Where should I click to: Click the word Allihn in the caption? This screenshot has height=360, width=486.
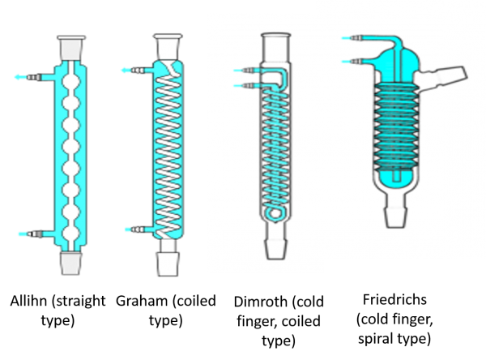pos(28,301)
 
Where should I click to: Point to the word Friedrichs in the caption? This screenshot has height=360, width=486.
pos(394,299)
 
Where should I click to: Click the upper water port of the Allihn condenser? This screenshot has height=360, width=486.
pos(34,77)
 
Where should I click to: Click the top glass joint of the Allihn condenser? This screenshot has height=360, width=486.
pos(71,48)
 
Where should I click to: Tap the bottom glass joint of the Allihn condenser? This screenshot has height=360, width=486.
pos(71,264)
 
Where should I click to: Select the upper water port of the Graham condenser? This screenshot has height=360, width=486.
pos(137,71)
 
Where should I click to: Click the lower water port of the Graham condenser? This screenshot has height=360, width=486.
pos(139,229)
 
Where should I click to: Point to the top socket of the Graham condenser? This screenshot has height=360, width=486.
pos(168,46)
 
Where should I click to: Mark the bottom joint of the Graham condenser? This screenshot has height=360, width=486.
pos(168,264)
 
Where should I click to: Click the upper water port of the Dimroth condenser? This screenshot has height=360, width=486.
pos(247,71)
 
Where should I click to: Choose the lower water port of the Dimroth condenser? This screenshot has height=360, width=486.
pos(247,86)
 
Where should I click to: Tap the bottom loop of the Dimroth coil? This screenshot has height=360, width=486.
pos(274,214)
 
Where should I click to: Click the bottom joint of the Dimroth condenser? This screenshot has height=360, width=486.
pos(276,248)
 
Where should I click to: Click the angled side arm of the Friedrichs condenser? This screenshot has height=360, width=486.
pos(441,78)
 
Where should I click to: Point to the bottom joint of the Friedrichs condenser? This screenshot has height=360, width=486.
pos(396,216)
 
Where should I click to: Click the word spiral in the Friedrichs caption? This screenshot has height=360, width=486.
pos(374,339)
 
